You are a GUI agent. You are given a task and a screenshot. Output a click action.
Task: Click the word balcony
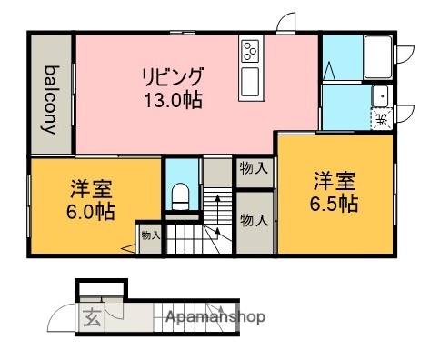[x=50, y=100]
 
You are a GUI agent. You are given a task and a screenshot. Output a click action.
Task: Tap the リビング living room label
[x=173, y=77]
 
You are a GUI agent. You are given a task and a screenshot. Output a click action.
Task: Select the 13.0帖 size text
[x=173, y=100]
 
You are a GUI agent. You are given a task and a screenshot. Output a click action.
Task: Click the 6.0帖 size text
[x=91, y=211]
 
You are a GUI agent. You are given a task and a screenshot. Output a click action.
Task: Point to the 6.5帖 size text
[x=334, y=204]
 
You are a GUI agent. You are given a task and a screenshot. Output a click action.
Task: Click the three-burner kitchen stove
[x=251, y=51]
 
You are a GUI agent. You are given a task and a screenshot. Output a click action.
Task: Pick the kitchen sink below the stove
[x=250, y=81]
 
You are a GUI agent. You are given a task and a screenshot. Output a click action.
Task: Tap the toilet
[x=180, y=196]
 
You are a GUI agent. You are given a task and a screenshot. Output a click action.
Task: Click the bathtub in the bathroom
[x=378, y=57]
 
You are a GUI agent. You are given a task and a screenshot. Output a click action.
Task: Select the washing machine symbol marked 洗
[x=382, y=118]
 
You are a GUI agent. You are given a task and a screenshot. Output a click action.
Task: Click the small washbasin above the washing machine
[x=380, y=95]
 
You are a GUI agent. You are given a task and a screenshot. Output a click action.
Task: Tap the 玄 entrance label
[x=92, y=317]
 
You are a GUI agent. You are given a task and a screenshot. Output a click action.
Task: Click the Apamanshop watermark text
[x=215, y=317]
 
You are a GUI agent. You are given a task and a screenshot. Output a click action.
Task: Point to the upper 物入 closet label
[x=254, y=168]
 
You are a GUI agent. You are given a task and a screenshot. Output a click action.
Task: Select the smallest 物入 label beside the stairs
[x=151, y=235]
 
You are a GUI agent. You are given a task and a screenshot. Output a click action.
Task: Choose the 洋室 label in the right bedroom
[x=335, y=181]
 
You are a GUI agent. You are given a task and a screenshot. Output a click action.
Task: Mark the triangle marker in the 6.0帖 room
[x=128, y=248]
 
